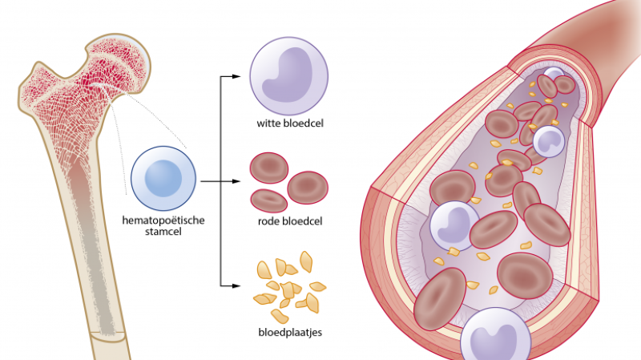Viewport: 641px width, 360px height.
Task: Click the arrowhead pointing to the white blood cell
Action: [237, 77]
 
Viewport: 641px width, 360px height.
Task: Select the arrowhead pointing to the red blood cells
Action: [237, 182]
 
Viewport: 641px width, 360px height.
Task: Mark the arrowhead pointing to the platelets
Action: [237, 285]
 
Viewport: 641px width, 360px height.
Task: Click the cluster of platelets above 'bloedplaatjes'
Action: [288, 284]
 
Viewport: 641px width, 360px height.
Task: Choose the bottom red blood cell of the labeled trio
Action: [268, 200]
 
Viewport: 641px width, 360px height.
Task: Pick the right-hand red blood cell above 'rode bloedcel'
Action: [308, 186]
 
